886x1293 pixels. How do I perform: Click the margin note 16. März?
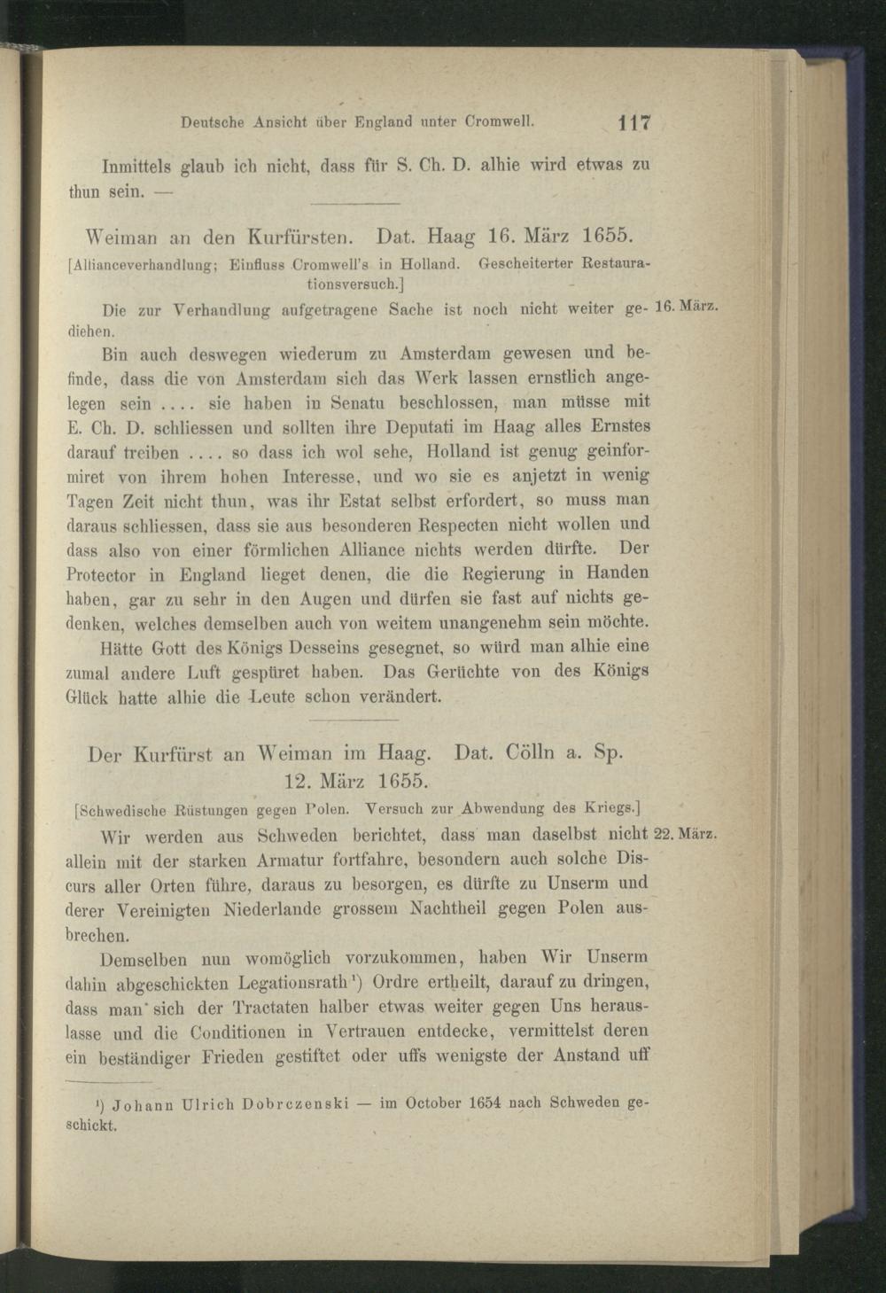[684, 307]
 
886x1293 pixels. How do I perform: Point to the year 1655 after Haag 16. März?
[602, 237]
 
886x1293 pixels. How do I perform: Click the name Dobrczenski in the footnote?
[286, 1104]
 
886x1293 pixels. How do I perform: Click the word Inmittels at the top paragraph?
[138, 165]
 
